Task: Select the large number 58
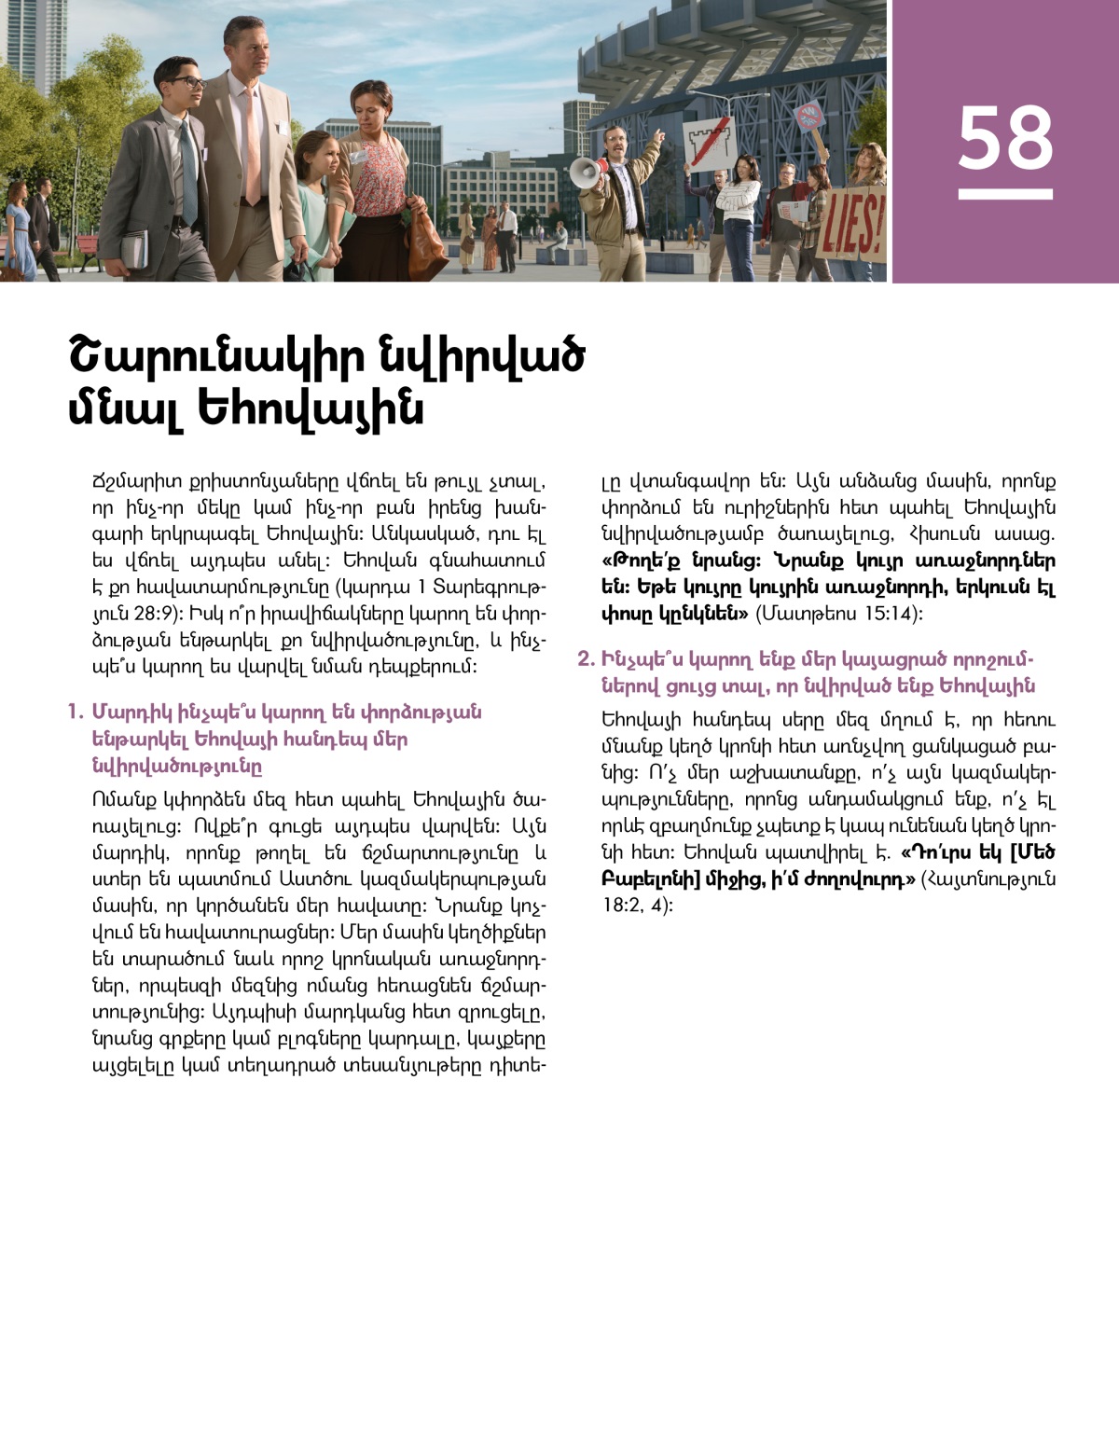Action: tap(1005, 139)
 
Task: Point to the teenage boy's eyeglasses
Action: tap(186, 83)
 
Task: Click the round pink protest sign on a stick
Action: tap(808, 117)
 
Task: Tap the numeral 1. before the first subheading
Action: tap(75, 713)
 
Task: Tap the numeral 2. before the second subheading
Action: tap(586, 659)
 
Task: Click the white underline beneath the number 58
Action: tap(1005, 194)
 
